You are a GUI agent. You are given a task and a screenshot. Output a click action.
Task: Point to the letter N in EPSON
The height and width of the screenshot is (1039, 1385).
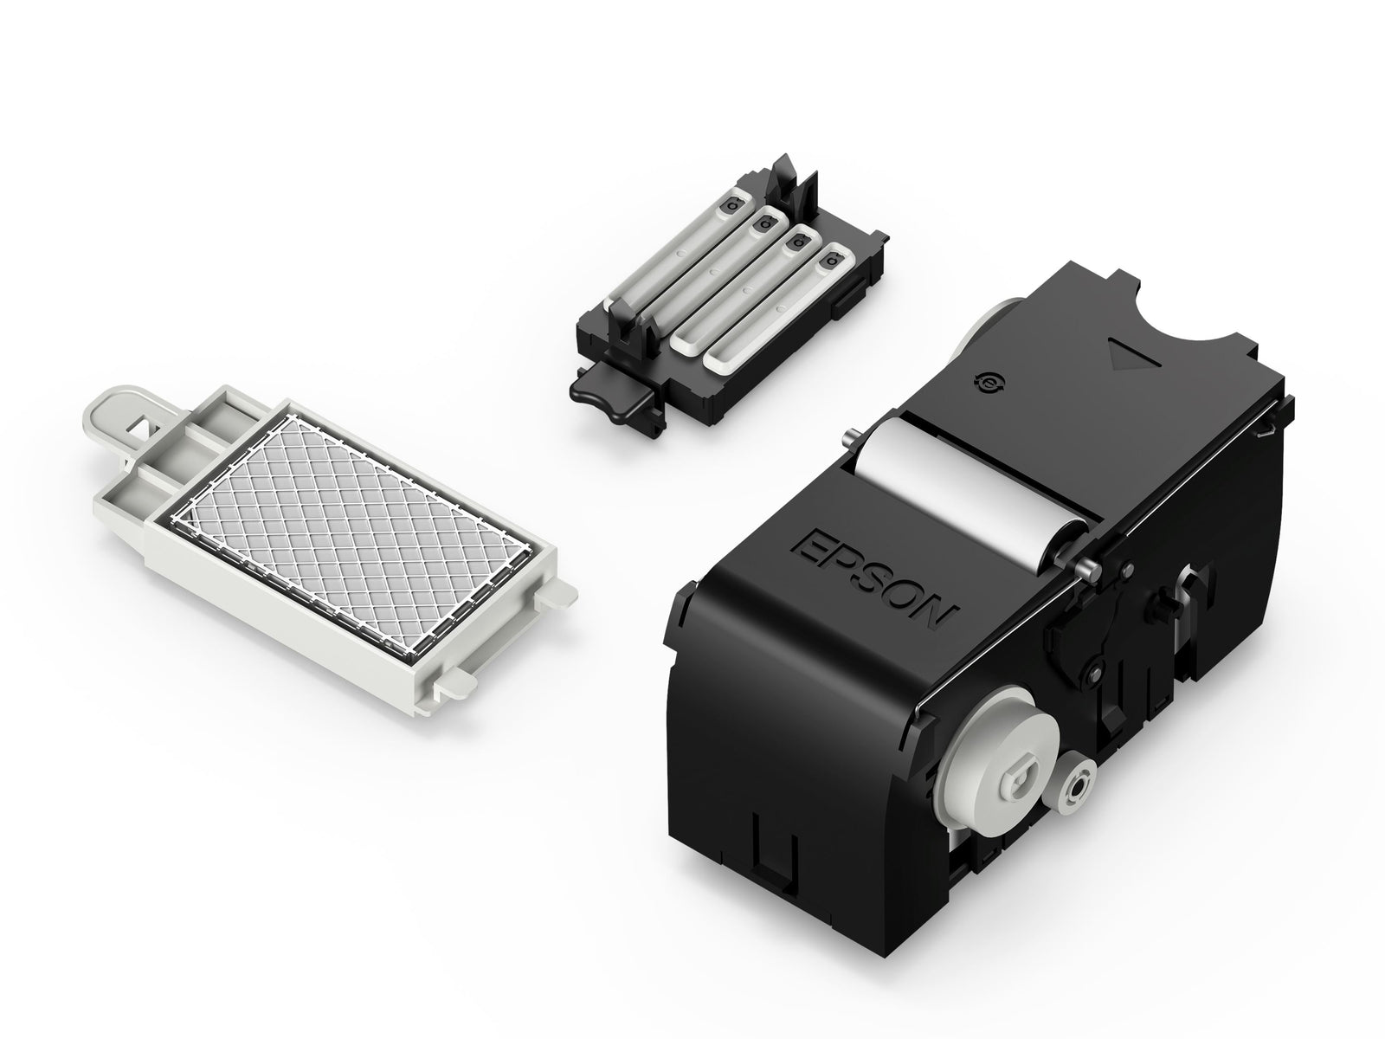937,614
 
